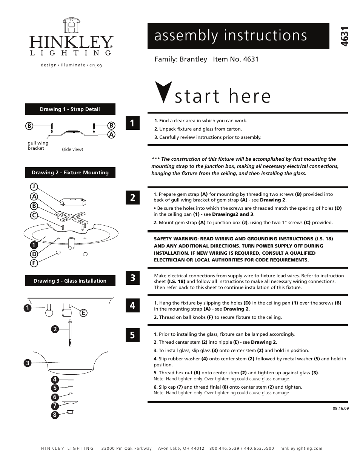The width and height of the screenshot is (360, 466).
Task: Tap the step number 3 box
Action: click(132, 278)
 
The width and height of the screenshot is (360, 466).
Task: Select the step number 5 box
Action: click(132, 335)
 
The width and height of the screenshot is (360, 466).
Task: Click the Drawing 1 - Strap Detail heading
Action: click(70, 109)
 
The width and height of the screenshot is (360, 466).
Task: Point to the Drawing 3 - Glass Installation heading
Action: click(70, 281)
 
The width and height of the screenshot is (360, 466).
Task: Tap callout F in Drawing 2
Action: click(34, 263)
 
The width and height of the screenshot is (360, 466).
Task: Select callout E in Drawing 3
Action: click(83, 313)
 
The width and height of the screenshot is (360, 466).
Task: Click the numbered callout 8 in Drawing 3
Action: click(55, 415)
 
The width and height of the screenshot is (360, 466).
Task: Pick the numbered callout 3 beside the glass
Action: click(27, 363)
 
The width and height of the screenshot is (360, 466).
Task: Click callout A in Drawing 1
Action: click(111, 134)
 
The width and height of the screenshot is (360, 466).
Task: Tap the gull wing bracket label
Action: click(38, 146)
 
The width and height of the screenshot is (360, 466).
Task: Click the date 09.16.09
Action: click(340, 408)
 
